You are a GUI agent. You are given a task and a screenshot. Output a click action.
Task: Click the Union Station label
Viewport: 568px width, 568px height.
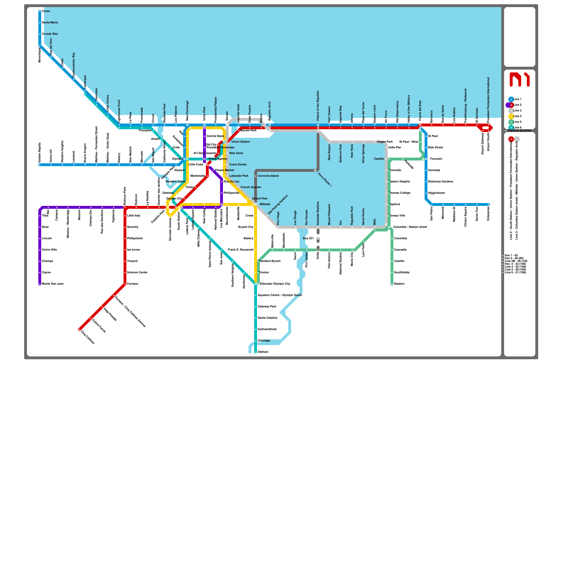pos(240,142)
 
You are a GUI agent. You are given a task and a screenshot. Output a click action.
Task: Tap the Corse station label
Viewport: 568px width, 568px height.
pos(46,11)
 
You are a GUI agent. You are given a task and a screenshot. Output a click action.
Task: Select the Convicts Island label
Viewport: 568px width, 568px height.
pos(268,176)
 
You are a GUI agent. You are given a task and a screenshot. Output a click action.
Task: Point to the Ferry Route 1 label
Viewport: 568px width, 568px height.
pos(325,180)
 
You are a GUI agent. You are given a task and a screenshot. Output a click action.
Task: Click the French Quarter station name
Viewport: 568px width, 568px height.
pos(251,187)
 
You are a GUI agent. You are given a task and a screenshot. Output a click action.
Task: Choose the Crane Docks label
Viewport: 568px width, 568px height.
pos(238,164)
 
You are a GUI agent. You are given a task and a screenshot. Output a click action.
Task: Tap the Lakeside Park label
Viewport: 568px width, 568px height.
pos(239,176)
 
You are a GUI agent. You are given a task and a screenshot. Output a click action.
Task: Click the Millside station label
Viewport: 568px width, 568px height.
pos(265,204)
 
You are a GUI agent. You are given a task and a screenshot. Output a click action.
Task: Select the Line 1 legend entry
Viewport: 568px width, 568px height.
pos(517,99)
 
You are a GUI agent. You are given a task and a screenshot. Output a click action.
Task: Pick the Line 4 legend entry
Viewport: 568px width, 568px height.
pos(517,116)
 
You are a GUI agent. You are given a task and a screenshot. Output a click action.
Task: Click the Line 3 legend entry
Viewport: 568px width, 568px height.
pos(517,110)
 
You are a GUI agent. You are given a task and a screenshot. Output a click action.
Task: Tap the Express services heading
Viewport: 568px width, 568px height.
pos(519,130)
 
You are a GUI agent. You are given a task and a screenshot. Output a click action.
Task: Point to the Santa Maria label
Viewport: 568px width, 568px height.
pos(50,22)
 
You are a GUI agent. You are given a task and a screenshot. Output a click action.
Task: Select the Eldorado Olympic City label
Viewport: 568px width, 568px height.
pos(275,284)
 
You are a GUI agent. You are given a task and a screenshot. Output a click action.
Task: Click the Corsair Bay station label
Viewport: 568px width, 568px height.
pos(50,34)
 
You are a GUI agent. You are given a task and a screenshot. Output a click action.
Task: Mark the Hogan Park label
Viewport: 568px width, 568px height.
pos(385,142)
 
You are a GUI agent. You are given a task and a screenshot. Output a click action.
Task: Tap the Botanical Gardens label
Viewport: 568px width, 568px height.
pos(441,181)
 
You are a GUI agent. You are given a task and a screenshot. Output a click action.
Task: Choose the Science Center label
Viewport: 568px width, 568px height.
pos(137,272)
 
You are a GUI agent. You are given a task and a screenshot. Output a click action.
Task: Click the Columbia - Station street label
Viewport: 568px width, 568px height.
pos(410,227)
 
